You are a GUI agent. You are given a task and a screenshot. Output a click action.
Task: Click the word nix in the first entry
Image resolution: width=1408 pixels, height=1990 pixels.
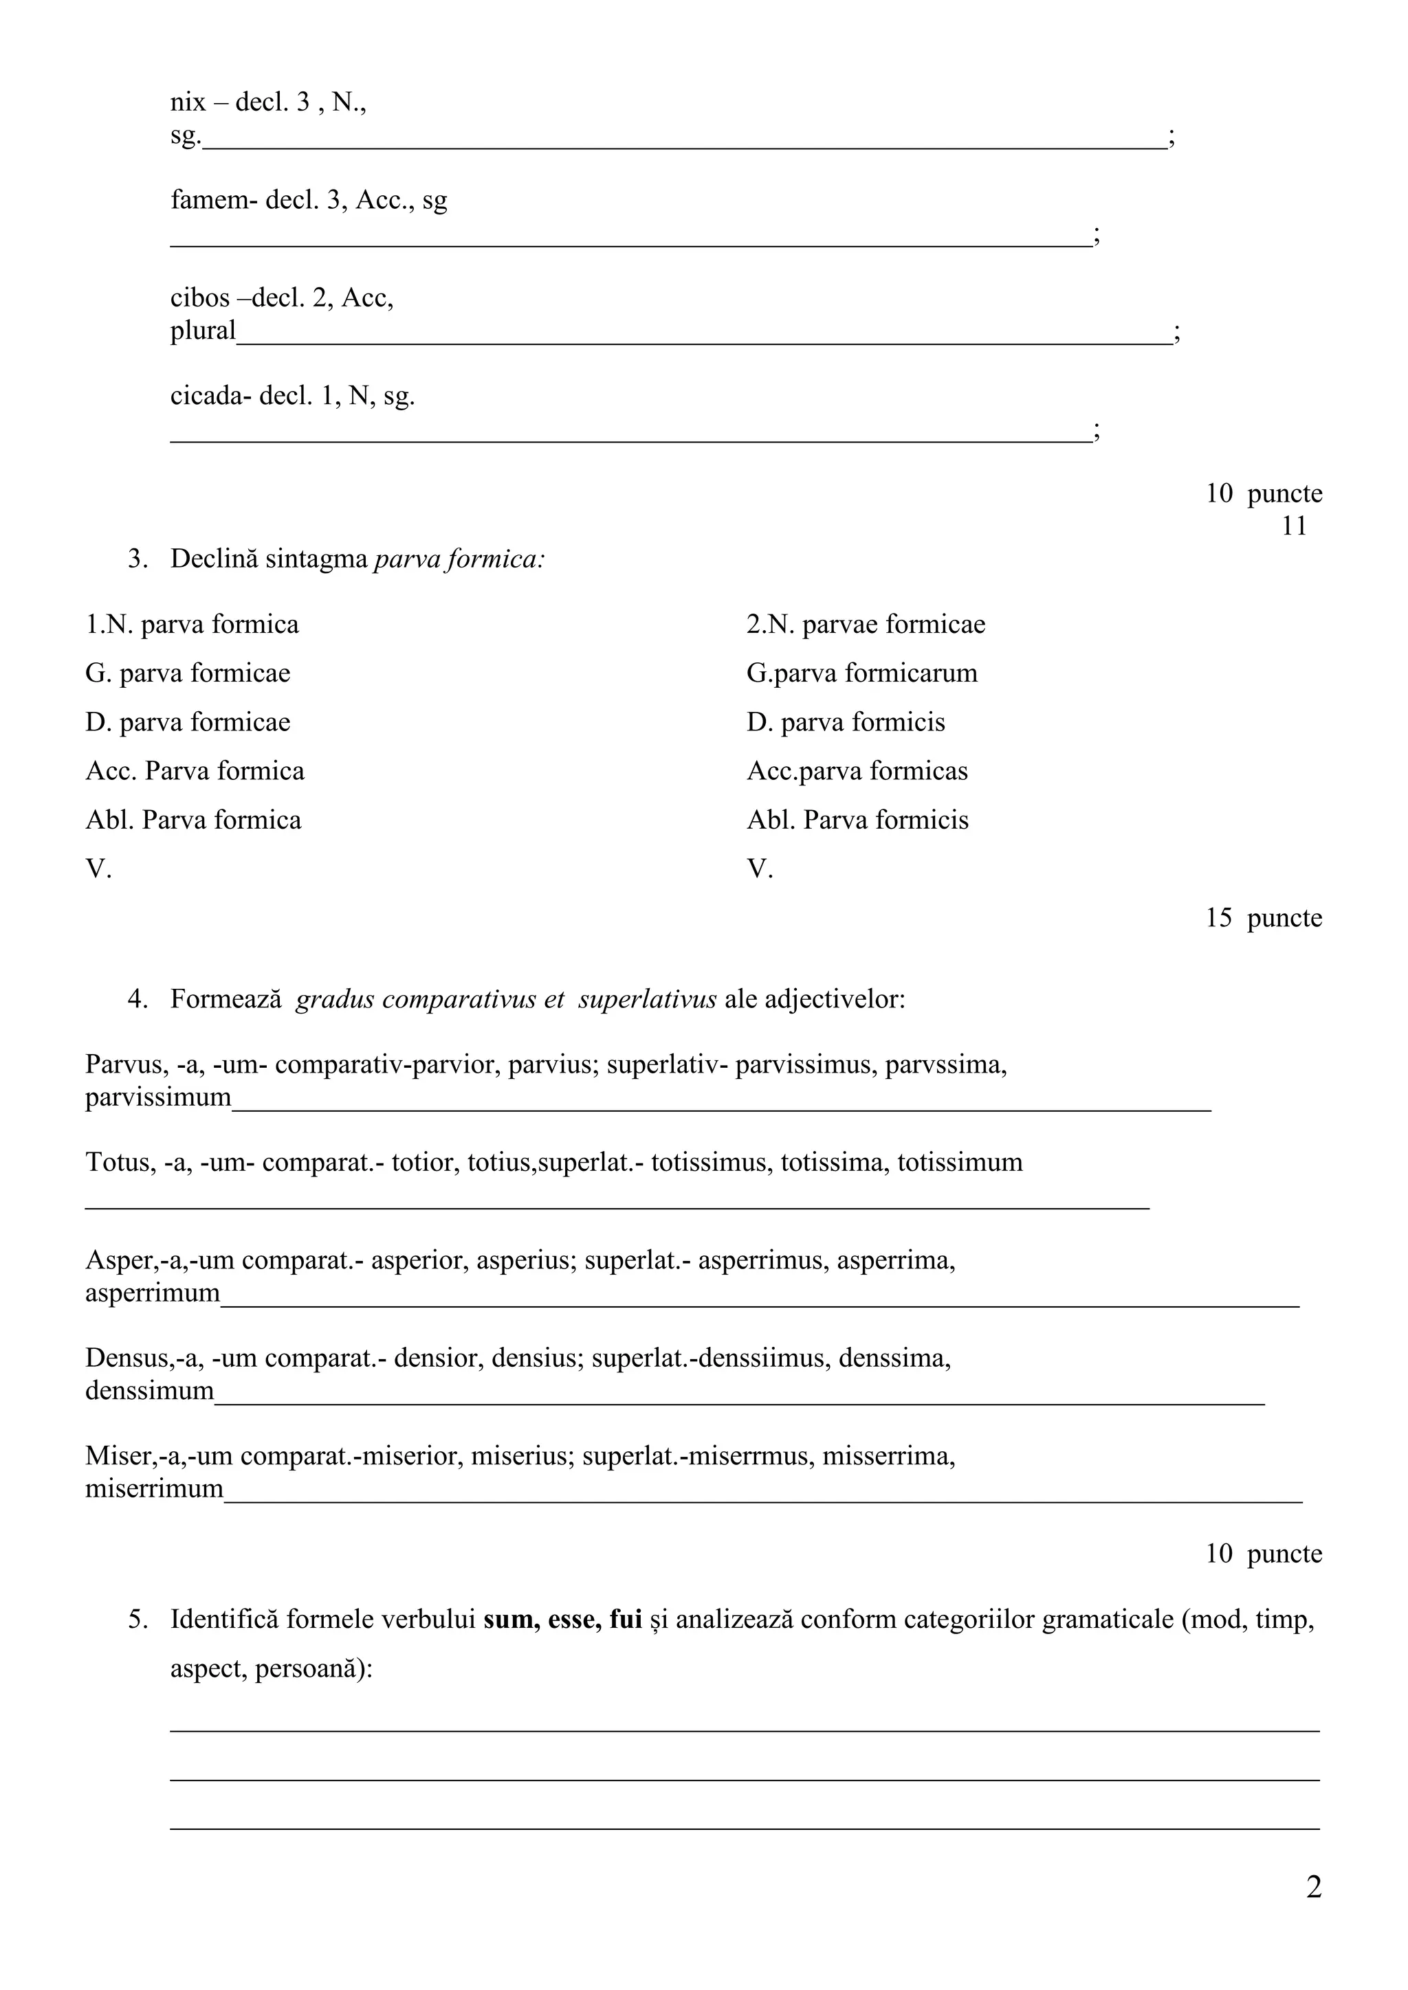(187, 103)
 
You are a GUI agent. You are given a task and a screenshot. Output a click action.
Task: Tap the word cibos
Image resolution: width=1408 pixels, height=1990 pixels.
(199, 298)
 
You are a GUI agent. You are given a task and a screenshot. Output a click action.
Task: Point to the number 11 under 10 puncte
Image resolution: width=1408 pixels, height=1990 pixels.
(1294, 526)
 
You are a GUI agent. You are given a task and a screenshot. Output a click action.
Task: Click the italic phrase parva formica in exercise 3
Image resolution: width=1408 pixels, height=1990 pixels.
(459, 560)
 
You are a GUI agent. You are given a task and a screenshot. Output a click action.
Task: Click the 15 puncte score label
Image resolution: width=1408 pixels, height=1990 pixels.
(1263, 918)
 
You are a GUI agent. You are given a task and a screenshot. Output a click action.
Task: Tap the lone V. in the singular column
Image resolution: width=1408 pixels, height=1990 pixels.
(98, 869)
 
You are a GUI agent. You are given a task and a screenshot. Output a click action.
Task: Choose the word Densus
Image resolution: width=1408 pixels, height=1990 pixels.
(122, 1358)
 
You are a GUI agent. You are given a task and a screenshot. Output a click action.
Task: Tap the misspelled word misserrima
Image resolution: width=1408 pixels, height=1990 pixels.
(888, 1456)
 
